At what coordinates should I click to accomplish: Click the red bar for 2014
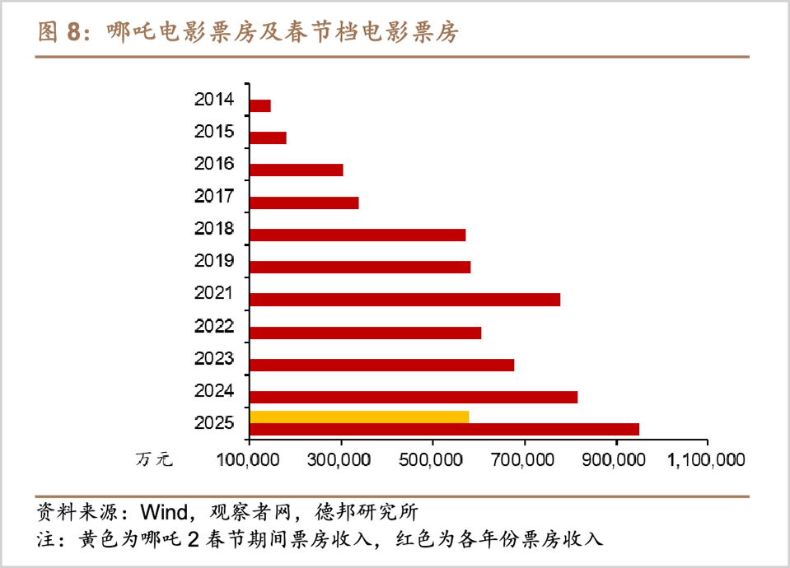tap(260, 105)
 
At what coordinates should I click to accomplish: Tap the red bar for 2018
tap(358, 235)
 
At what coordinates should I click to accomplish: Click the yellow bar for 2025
tap(359, 417)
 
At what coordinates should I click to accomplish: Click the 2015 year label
tap(214, 132)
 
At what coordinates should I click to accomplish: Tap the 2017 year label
tap(214, 197)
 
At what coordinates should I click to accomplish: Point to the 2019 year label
tap(214, 261)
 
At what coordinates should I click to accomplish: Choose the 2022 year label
tap(214, 326)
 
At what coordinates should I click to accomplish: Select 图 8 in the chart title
tap(61, 32)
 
